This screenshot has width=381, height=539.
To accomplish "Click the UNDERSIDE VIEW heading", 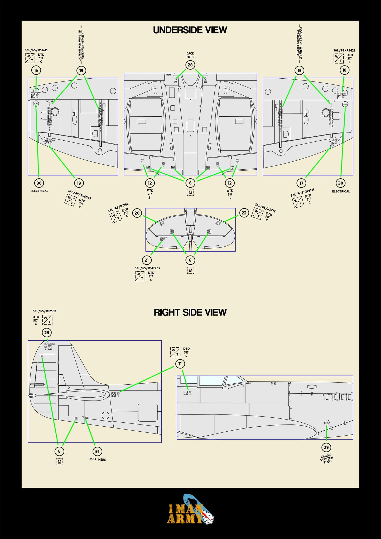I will point(190,30).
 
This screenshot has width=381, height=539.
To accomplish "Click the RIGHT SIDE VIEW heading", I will point(190,312).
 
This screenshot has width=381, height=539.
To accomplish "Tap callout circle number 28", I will point(190,65).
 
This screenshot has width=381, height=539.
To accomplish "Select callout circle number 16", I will point(36,70).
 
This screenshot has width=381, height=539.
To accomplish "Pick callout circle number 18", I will point(344,70).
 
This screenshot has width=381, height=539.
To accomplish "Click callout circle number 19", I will point(79,183).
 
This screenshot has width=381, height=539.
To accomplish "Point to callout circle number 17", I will point(301,183).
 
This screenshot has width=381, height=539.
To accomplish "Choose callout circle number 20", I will point(137,213).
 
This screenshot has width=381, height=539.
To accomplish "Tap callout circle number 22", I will point(244,213).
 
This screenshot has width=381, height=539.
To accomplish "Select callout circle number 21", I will point(147,260).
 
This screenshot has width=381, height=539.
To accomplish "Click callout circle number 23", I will point(47,332).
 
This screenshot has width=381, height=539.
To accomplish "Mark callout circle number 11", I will point(180,364).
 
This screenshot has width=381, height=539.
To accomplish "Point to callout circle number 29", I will point(326,447).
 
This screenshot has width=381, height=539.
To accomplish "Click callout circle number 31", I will point(97,451).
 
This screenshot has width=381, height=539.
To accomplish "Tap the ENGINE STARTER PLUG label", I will point(326,458).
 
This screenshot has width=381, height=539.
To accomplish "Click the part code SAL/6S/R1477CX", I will point(147,268).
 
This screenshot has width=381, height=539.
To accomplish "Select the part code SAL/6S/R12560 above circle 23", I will point(44,311).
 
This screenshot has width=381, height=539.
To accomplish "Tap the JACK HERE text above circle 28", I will point(190,55).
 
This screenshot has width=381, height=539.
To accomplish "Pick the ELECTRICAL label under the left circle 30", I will point(39,191).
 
